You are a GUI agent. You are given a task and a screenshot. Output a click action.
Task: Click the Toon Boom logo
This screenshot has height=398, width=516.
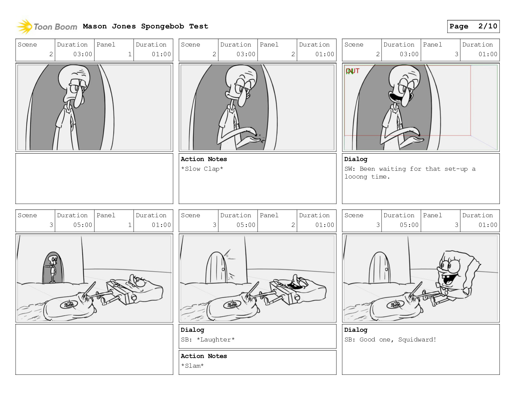click(x=47, y=27)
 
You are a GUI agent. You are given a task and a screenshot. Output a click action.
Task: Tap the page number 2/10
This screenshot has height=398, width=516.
click(x=488, y=26)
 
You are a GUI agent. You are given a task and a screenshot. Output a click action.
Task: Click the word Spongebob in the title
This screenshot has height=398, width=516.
click(x=162, y=26)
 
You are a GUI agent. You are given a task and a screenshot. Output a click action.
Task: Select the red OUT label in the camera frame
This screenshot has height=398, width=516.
click(x=353, y=71)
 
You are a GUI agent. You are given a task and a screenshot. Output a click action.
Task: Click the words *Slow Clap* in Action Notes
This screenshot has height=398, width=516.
click(x=202, y=169)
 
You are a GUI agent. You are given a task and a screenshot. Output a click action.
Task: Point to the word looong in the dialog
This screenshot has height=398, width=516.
click(x=356, y=177)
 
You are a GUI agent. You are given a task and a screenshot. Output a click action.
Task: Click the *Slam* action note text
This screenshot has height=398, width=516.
click(x=192, y=366)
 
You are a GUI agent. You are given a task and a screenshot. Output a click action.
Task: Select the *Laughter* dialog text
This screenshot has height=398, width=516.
click(x=215, y=339)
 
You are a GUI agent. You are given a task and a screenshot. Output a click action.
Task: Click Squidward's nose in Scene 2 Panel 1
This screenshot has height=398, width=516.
click(x=78, y=100)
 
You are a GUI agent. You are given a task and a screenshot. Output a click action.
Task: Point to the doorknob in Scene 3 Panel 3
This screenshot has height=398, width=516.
click(x=386, y=269)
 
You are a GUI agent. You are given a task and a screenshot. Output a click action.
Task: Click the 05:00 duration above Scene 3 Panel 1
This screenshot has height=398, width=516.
click(x=82, y=225)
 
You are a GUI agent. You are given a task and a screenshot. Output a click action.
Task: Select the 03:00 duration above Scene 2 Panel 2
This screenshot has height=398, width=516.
click(x=246, y=54)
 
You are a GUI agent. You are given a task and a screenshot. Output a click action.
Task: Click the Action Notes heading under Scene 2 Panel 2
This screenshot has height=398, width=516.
click(x=204, y=159)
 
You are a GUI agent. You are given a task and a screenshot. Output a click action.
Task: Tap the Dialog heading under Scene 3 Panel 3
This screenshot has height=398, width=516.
click(x=356, y=330)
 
